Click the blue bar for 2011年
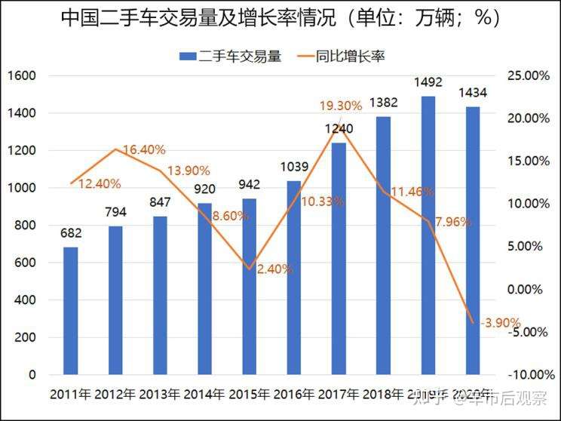click(70, 311)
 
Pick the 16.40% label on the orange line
click(143, 150)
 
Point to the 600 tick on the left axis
click(26, 263)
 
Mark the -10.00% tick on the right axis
click(526, 375)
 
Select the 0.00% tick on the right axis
click(529, 290)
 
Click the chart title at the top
click(280, 17)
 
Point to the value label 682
click(71, 233)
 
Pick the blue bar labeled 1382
click(383, 246)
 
